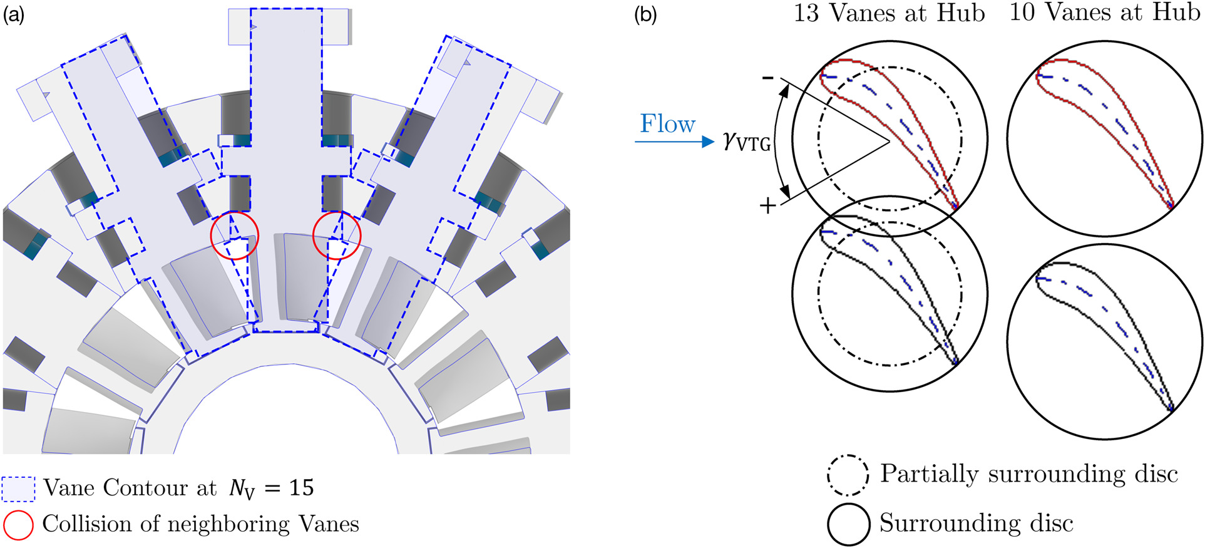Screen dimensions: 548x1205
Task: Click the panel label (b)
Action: pyautogui.click(x=645, y=14)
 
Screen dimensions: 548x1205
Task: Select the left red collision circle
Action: pyautogui.click(x=234, y=236)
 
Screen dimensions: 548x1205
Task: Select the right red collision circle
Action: pyautogui.click(x=337, y=235)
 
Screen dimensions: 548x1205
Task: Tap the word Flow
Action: pyautogui.click(x=667, y=124)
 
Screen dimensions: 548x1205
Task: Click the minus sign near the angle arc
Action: pyautogui.click(x=767, y=78)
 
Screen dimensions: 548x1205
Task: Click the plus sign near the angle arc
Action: pyautogui.click(x=767, y=205)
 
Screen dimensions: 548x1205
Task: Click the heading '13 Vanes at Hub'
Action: pyautogui.click(x=889, y=13)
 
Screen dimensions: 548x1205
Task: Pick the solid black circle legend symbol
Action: pyautogui.click(x=848, y=524)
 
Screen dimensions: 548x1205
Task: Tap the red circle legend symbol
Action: pyautogui.click(x=18, y=525)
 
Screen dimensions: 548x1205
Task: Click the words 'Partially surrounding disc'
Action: pyautogui.click(x=1029, y=474)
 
